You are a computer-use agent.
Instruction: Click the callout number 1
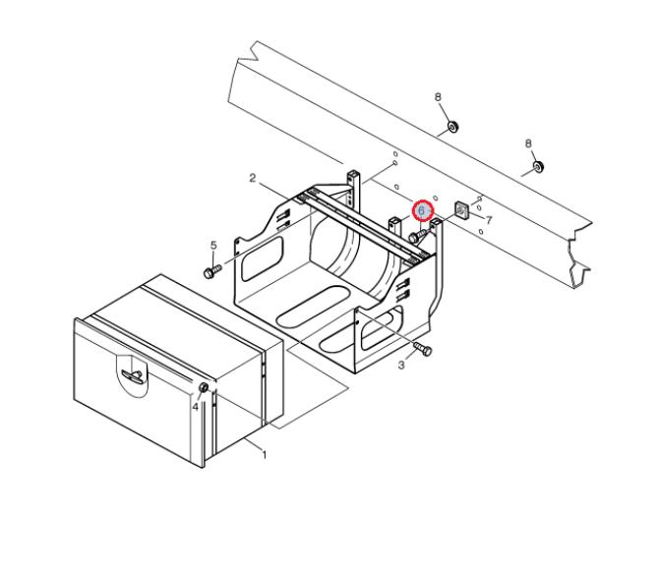(265, 455)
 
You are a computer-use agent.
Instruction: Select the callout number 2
(252, 178)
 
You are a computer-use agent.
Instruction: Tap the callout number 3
(401, 365)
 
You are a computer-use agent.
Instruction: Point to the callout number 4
(195, 407)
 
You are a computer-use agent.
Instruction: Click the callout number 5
(213, 245)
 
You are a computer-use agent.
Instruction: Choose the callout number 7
(489, 220)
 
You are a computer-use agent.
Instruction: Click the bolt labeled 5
(212, 271)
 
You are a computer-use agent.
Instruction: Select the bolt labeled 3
(423, 349)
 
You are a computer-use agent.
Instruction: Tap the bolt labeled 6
(417, 235)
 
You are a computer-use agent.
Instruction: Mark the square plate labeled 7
(461, 210)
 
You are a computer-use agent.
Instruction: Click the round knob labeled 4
(204, 387)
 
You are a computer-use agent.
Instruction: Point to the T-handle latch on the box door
(132, 375)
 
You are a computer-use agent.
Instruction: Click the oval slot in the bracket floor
(313, 307)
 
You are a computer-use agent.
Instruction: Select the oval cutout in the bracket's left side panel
(262, 258)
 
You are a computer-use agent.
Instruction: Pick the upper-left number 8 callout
(438, 97)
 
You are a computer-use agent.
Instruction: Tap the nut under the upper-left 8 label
(453, 126)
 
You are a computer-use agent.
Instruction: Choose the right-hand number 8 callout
(528, 143)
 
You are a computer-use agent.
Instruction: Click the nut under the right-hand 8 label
(538, 166)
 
